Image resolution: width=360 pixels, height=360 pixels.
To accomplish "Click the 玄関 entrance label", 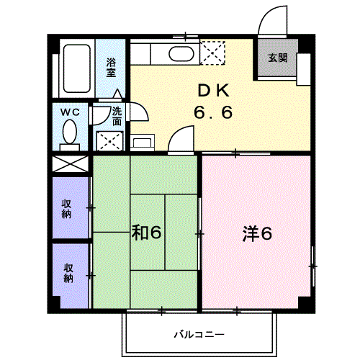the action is (x=278, y=58).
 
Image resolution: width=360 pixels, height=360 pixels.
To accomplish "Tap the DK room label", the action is (x=213, y=91).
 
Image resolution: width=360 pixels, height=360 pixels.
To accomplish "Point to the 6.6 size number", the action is (x=213, y=112).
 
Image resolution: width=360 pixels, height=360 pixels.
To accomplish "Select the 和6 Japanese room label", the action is (x=146, y=233).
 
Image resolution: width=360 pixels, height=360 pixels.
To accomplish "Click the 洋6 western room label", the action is (x=257, y=233).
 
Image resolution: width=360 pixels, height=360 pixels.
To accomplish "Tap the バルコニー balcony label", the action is (x=199, y=334).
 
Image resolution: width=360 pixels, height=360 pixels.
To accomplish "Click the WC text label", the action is (x=70, y=112).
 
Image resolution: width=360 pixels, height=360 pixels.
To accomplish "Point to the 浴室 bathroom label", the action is (x=111, y=68).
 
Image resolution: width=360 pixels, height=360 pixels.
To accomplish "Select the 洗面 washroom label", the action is (x=117, y=117).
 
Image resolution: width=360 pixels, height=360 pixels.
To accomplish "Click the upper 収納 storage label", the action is (x=66, y=209).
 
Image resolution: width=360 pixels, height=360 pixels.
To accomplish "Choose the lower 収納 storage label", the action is (x=68, y=273).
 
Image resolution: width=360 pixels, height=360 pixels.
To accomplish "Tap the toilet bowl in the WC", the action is (x=70, y=132).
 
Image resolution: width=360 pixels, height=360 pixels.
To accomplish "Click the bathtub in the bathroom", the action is (x=77, y=68).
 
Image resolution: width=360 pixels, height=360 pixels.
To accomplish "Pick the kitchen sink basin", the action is (x=181, y=54).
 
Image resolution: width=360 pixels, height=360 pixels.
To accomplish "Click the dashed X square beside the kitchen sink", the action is (x=212, y=53).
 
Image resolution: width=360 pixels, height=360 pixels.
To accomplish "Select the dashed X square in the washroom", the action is (x=109, y=141).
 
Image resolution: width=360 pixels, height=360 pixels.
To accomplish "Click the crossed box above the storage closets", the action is (x=71, y=164).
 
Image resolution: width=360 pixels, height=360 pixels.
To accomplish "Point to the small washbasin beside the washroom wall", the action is (x=142, y=143).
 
